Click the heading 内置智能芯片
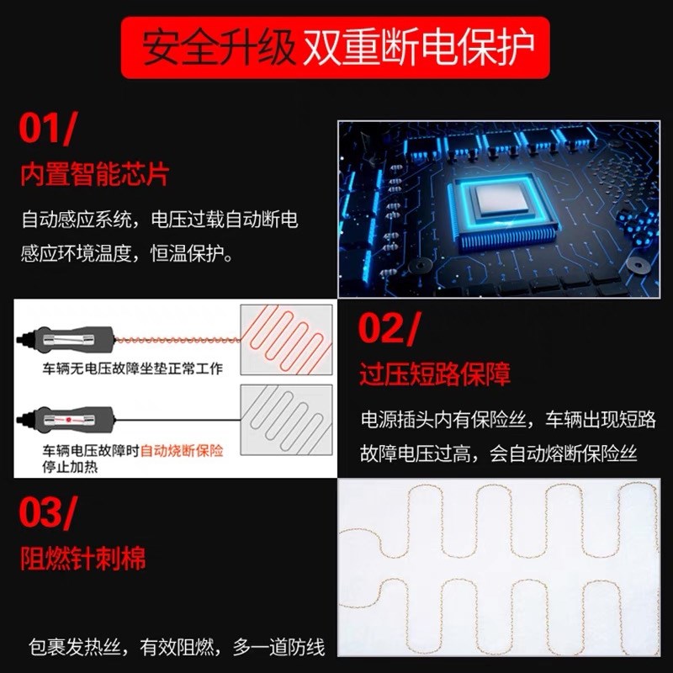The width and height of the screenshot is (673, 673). [x=94, y=174]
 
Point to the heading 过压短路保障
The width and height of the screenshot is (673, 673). [x=434, y=373]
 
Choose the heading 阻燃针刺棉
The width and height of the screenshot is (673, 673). [x=82, y=558]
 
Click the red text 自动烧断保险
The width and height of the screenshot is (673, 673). [x=182, y=451]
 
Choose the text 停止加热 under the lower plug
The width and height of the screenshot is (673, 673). [x=70, y=466]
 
